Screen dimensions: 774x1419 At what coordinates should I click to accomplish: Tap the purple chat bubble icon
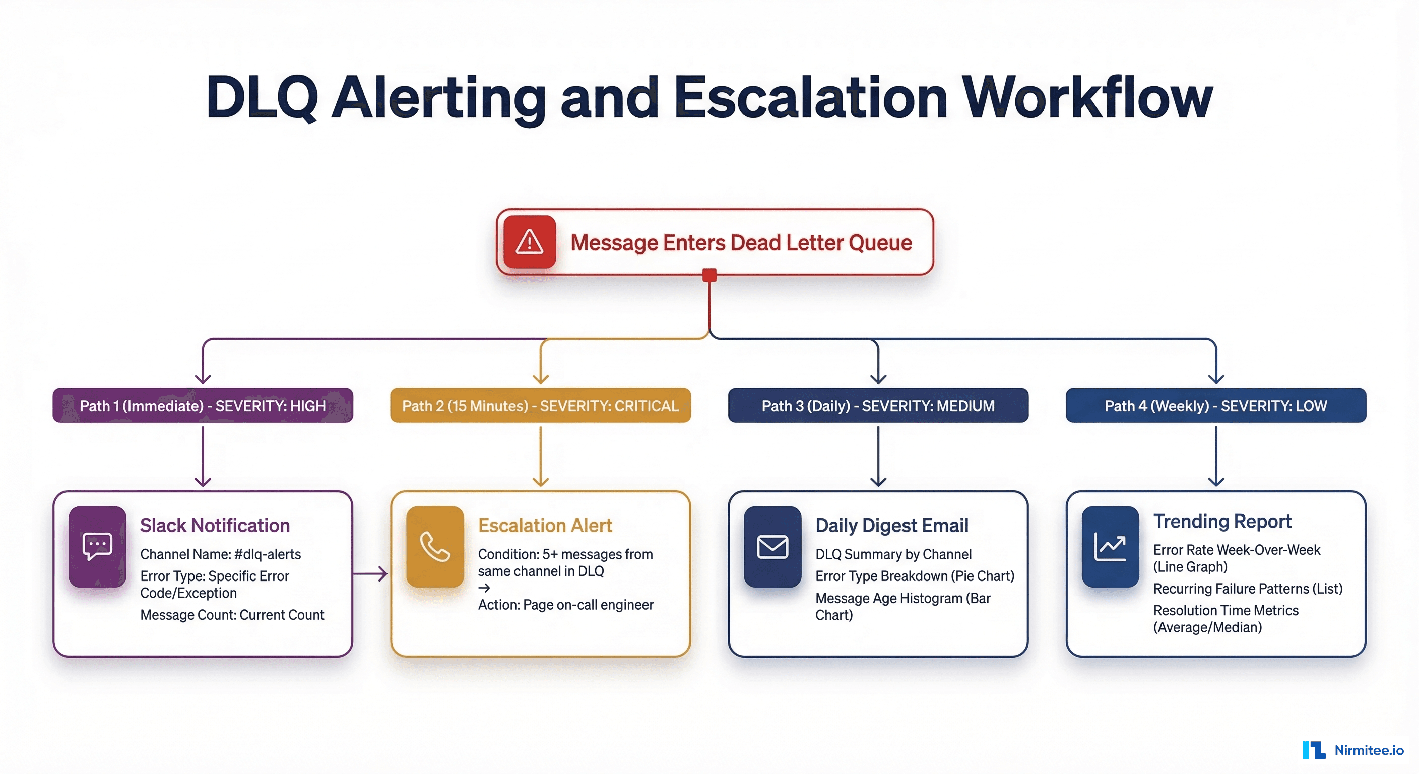click(x=97, y=546)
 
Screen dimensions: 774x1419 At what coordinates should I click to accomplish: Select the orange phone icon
click(x=435, y=546)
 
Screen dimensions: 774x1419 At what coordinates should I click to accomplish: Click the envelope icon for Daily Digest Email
click(x=772, y=546)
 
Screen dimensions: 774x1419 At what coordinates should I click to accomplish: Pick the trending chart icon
click(x=1110, y=546)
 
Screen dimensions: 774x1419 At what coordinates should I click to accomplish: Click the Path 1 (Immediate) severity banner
click(x=203, y=406)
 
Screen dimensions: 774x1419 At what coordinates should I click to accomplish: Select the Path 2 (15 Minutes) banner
click(x=540, y=406)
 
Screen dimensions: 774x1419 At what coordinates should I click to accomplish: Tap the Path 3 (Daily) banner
click(x=878, y=406)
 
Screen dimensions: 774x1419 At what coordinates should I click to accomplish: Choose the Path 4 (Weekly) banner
click(x=1216, y=406)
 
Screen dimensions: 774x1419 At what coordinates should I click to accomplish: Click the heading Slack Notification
click(x=215, y=525)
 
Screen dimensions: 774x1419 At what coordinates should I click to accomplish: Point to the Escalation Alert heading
click(x=545, y=525)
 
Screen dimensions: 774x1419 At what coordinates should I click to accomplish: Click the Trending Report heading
click(x=1222, y=521)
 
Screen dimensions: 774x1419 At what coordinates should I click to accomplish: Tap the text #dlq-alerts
click(x=268, y=554)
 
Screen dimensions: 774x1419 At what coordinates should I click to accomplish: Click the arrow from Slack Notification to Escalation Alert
click(x=370, y=573)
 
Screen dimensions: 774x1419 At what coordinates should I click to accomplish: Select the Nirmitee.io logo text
click(x=1369, y=750)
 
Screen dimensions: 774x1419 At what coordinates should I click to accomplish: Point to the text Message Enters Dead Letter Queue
click(x=741, y=242)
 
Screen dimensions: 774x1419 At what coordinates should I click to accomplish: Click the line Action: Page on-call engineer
click(x=566, y=605)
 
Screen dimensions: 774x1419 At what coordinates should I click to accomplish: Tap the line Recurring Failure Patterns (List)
click(x=1248, y=589)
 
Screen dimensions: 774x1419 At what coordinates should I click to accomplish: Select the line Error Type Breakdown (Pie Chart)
click(x=915, y=576)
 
